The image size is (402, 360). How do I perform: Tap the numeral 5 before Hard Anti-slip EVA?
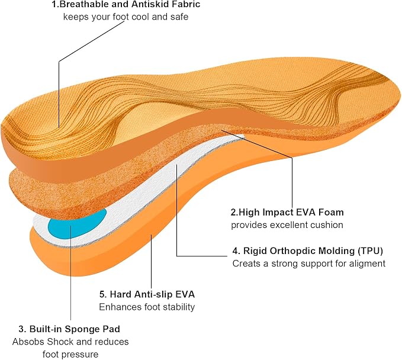102,294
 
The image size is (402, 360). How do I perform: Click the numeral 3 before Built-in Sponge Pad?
21,329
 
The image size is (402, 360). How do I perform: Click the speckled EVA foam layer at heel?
38,187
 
